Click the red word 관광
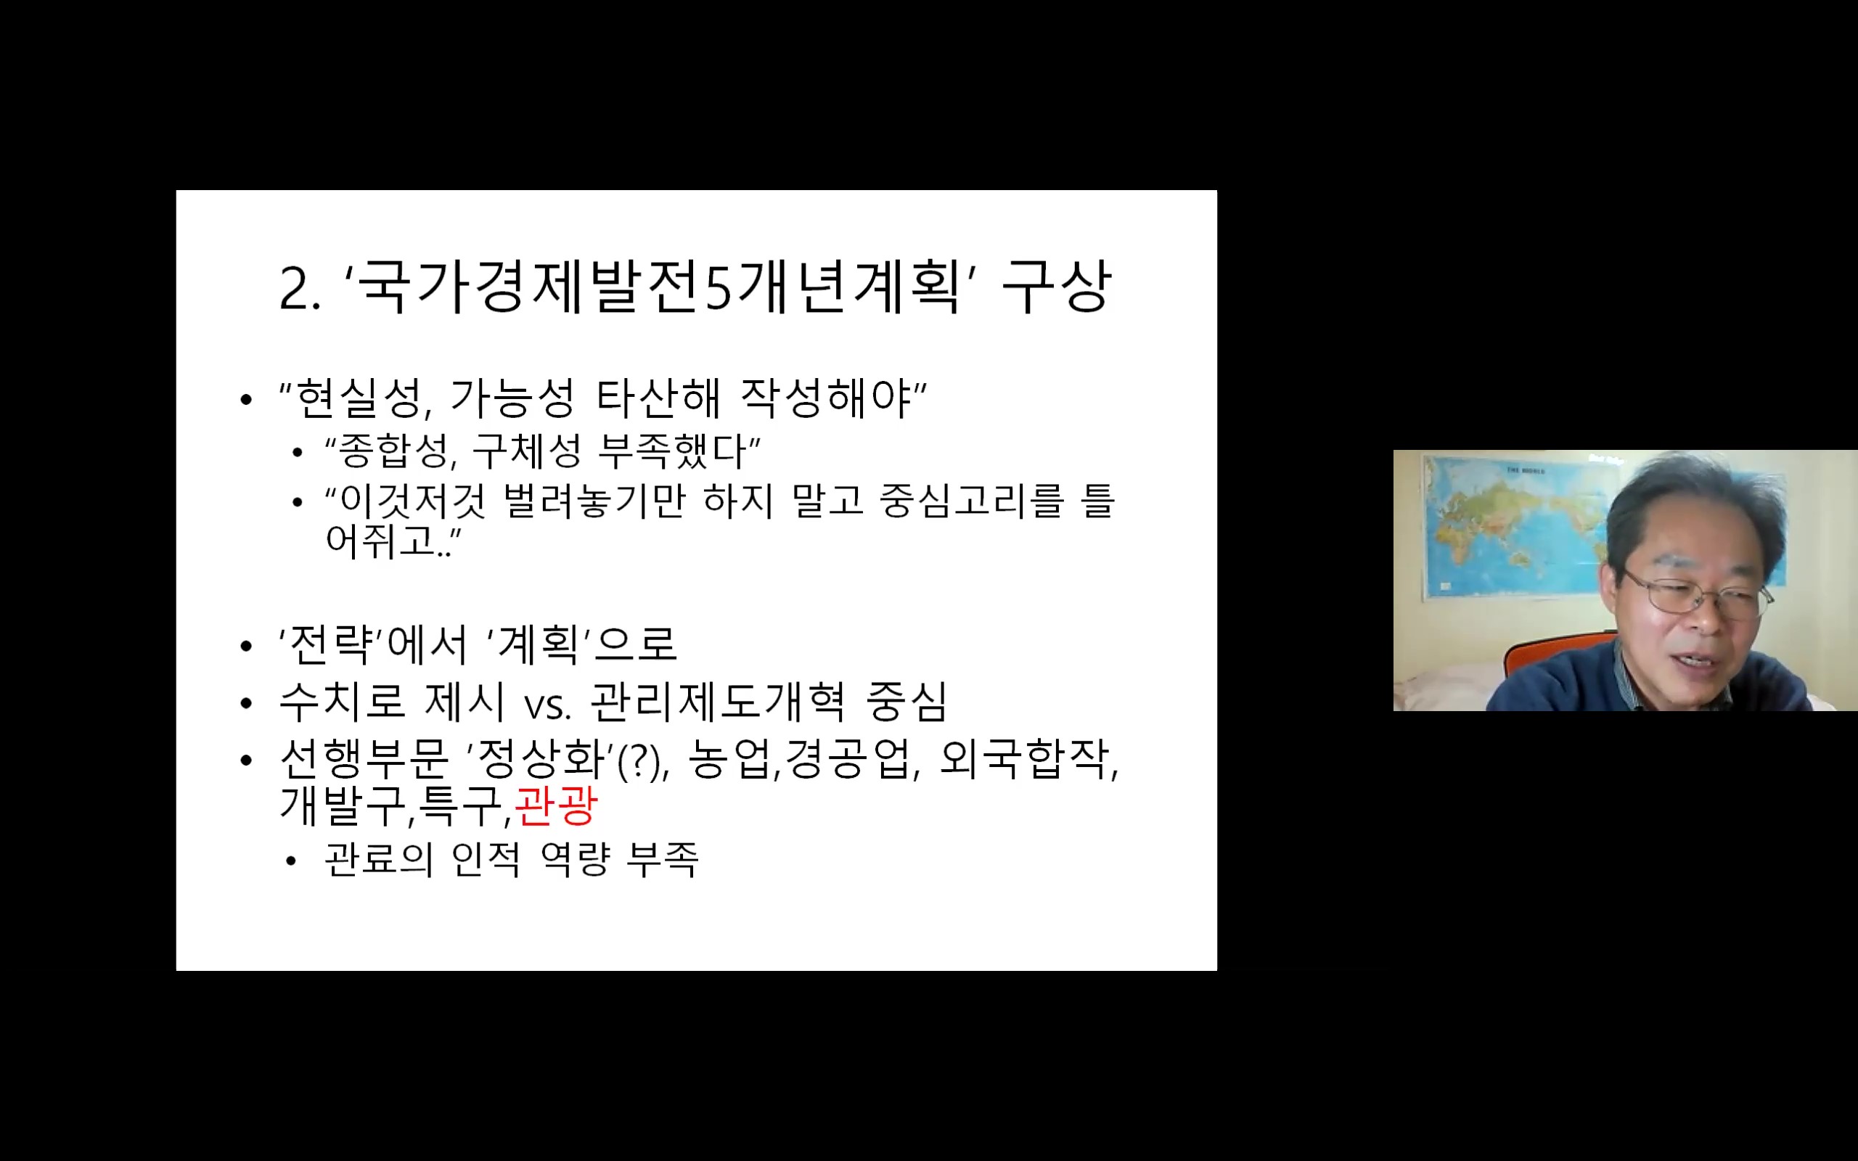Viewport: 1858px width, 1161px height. pyautogui.click(x=556, y=805)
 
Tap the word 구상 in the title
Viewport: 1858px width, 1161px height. pyautogui.click(x=1057, y=286)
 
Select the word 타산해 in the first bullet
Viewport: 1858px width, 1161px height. pyautogui.click(x=658, y=398)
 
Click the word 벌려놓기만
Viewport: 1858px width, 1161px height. pyautogui.click(x=594, y=501)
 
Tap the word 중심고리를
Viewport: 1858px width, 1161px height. pyautogui.click(x=972, y=501)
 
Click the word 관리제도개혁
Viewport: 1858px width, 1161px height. pyautogui.click(x=718, y=701)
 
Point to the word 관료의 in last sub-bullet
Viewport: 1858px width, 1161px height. pyautogui.click(x=380, y=859)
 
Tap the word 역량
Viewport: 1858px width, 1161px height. pyautogui.click(x=576, y=859)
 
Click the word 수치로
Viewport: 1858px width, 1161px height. pyautogui.click(x=342, y=701)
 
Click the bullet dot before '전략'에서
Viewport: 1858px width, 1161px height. pyautogui.click(x=246, y=646)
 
